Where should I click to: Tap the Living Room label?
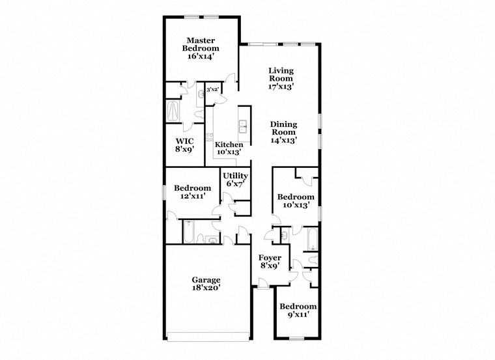tap(281, 74)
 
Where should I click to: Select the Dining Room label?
tap(283, 128)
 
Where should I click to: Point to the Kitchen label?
tap(229, 145)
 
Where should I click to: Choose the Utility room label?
tap(235, 176)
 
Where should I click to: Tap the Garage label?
tap(206, 280)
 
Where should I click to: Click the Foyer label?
tap(270, 258)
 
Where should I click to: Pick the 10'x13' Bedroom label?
tap(296, 197)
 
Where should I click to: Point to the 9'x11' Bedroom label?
tap(298, 306)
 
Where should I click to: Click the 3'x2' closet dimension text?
tap(212, 90)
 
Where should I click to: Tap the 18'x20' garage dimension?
tap(206, 288)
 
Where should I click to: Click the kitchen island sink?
tap(244, 126)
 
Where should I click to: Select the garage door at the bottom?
tap(208, 336)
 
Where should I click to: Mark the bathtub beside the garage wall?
tap(187, 230)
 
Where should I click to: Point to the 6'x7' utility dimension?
tap(235, 184)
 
